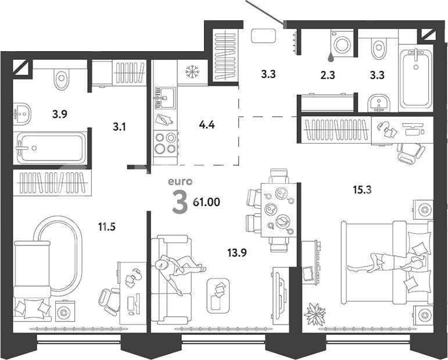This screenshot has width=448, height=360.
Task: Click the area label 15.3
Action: tap(362, 190)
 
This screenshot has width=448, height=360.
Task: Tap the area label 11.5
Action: tap(106, 227)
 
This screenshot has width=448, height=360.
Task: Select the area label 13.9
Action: tap(237, 253)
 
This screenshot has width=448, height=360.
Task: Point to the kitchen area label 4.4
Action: tap(207, 125)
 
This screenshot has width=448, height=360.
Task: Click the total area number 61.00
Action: tap(207, 202)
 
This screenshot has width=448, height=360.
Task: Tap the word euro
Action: tap(180, 181)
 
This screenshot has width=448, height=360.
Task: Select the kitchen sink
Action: tap(165, 98)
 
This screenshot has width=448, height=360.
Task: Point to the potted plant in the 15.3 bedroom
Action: tap(315, 314)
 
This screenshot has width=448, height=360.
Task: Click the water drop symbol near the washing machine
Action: tap(331, 57)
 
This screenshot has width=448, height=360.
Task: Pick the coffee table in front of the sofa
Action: tap(218, 295)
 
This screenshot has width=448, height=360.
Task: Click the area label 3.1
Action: tap(119, 126)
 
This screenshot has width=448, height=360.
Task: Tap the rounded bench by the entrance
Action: tap(263, 36)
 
